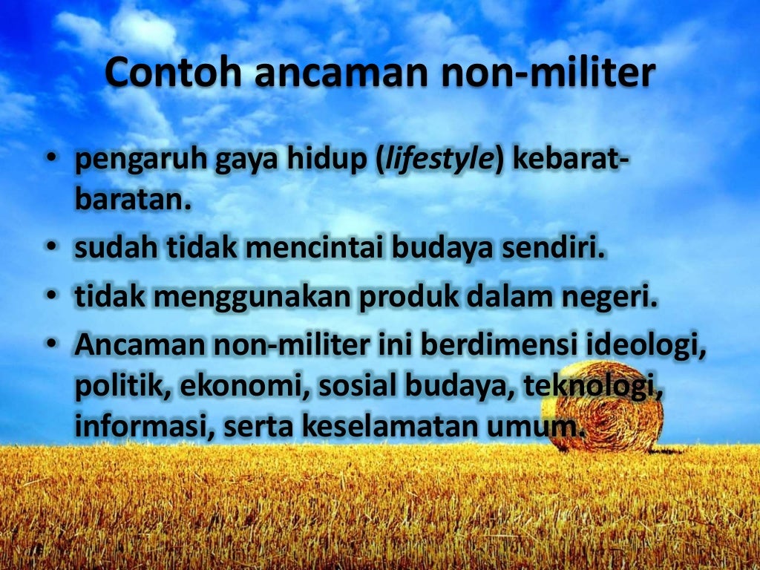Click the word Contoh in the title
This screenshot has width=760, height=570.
click(x=173, y=72)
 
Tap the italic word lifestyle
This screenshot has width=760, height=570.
click(x=439, y=160)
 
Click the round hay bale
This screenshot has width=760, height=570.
click(x=603, y=406)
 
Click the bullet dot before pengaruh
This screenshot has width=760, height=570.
click(x=51, y=158)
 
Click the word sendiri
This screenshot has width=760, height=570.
click(x=554, y=247)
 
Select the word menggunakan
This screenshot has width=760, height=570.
click(x=252, y=298)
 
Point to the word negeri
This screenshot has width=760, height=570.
click(x=610, y=298)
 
